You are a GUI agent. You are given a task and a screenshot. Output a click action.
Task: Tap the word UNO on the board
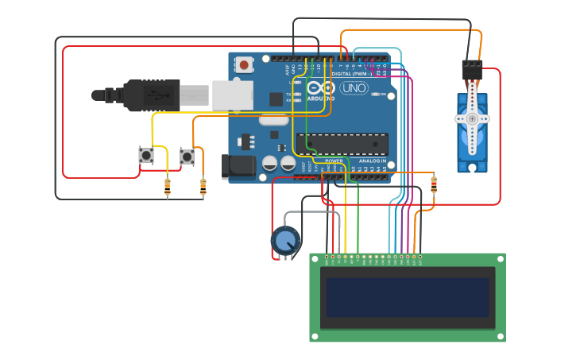[x=354, y=88]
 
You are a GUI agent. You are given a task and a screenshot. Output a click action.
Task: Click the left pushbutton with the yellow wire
[x=145, y=156]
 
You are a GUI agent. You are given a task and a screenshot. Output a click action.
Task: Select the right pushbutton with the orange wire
[x=187, y=157]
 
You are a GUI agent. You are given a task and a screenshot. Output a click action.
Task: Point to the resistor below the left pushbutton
[x=167, y=188]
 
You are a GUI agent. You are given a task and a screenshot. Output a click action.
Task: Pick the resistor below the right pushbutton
[x=203, y=188]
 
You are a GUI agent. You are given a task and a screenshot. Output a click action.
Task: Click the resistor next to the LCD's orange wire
[x=433, y=184]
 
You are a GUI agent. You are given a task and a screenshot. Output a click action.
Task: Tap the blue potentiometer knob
[x=285, y=240]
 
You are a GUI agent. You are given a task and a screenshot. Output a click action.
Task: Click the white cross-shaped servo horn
[x=472, y=118]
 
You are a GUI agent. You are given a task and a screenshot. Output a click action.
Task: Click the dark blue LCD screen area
[x=408, y=296]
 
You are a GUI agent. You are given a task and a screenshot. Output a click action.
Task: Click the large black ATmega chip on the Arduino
[x=342, y=144]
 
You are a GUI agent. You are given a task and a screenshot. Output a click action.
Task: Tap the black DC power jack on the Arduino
[x=238, y=165]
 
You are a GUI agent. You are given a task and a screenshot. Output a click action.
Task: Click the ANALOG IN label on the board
[x=372, y=161]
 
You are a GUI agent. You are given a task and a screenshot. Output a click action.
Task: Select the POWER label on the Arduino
[x=334, y=161]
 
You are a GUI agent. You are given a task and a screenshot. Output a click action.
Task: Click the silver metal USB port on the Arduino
[x=232, y=95]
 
